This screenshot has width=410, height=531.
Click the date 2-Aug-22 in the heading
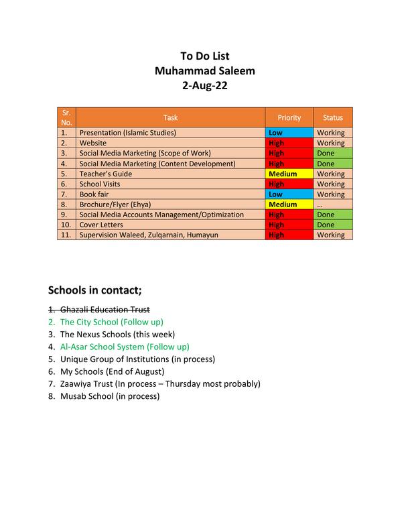(x=204, y=85)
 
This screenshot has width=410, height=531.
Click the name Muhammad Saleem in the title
(x=204, y=70)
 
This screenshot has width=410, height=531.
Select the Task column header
(x=170, y=117)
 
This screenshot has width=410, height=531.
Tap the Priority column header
(x=289, y=117)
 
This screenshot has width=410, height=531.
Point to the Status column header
(x=332, y=117)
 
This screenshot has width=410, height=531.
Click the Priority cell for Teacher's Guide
(x=289, y=174)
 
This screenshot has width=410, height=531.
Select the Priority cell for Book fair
(x=289, y=194)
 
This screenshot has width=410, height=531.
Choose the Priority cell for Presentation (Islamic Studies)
(x=289, y=133)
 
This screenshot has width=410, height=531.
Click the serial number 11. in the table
(x=66, y=235)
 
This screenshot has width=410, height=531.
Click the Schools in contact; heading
(x=95, y=290)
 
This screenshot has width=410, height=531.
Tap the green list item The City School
(x=111, y=322)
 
